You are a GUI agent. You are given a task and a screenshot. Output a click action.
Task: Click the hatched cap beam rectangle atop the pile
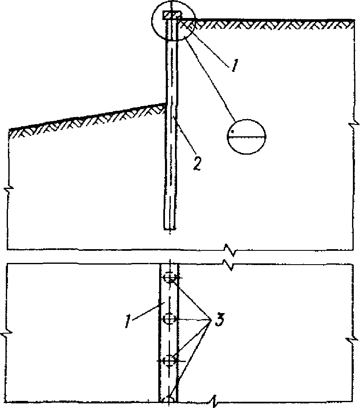coord(172,15)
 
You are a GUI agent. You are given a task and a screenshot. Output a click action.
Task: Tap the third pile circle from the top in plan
coord(170,360)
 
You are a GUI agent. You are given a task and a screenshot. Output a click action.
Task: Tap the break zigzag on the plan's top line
coord(229,264)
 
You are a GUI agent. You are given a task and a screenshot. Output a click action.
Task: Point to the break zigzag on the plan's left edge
coord(7,334)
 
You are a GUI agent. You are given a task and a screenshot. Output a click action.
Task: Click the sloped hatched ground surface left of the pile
coord(88,119)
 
